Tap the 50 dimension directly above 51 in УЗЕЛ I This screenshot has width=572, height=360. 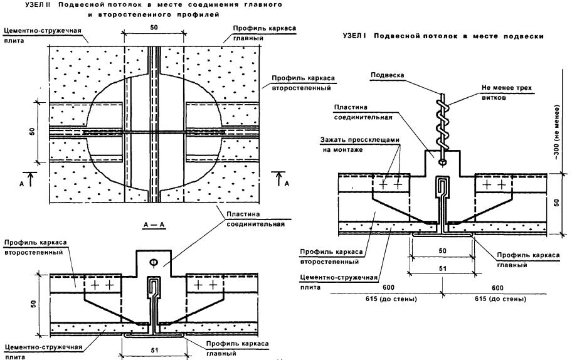pos(442,250)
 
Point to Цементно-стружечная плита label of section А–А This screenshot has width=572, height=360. pos(31,350)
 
